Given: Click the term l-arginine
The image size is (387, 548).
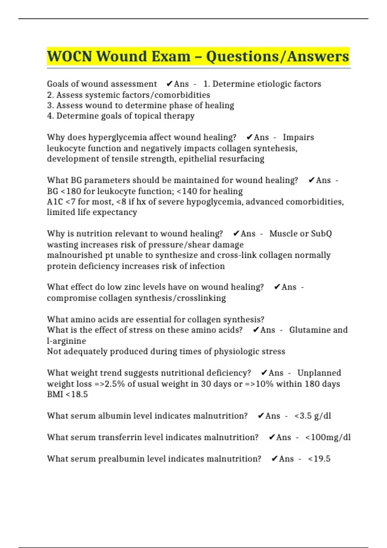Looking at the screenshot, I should (66, 341).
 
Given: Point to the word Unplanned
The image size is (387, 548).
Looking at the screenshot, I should (319, 373).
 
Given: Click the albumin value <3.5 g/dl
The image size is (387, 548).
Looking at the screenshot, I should (313, 416).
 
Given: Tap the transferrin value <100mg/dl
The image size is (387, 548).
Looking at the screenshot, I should (328, 437).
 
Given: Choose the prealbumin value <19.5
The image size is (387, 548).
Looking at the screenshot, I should (319, 459).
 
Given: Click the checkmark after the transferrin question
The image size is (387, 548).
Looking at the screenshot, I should (272, 437).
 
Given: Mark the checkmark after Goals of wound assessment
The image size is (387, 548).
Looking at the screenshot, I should (169, 84).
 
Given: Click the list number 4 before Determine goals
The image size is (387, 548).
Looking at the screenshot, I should (50, 116).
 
